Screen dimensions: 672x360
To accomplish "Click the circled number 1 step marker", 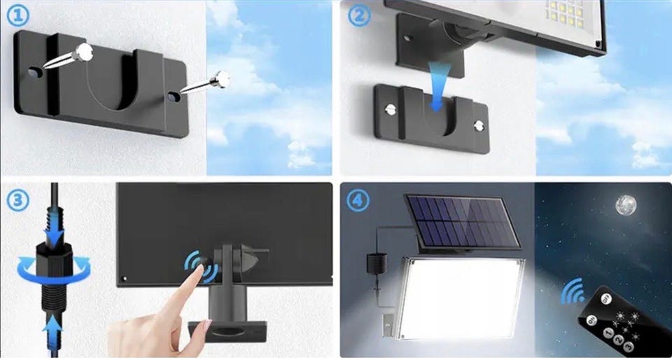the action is coord(18,16).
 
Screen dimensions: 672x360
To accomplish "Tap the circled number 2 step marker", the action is coord(359,16).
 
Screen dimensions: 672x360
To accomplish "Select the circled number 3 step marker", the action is coord(18,200).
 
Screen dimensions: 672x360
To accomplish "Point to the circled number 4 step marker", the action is coord(358,200).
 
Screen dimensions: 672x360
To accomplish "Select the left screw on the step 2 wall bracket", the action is coord(391,109).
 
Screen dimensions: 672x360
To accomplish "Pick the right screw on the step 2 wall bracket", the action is coord(479,125).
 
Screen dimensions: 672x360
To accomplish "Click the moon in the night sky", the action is coord(626,205).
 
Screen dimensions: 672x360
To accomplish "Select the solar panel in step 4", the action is coord(463,221).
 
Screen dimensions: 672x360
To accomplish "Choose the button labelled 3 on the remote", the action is coord(628,346).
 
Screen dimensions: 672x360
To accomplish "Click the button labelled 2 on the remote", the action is coord(617,340).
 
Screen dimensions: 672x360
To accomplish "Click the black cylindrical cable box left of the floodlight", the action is coord(377,263).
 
